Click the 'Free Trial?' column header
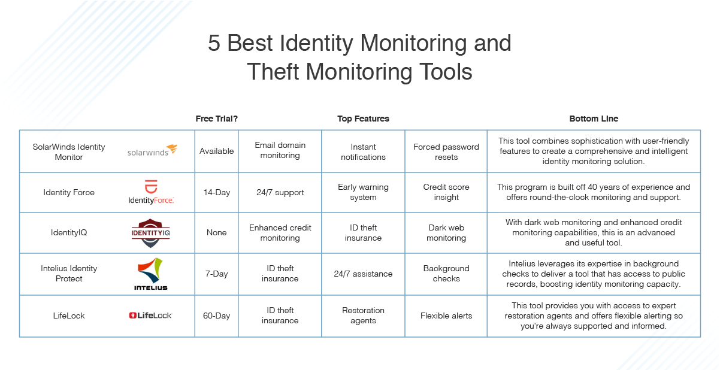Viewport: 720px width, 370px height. tap(217, 119)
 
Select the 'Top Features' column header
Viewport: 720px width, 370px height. tap(363, 119)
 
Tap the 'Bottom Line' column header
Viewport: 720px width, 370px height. tap(594, 119)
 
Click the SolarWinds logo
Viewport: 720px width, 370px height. tap(152, 150)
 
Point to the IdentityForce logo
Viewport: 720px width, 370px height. tap(151, 192)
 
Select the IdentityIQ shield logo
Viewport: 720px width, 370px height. tap(150, 233)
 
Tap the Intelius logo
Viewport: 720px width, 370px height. tap(150, 274)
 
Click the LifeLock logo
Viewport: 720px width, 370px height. tap(150, 316)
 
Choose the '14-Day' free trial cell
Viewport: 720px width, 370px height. tap(217, 192)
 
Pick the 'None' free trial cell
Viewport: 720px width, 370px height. tap(217, 232)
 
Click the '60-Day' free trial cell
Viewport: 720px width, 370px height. tap(217, 316)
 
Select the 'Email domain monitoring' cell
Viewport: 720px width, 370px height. tap(280, 150)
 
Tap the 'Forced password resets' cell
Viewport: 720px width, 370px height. tap(446, 152)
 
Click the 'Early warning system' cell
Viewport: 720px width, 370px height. tap(363, 192)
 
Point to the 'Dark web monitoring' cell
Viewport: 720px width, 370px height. tap(446, 232)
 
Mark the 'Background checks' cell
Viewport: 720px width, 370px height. tap(446, 274)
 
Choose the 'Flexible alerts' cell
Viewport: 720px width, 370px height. tap(446, 316)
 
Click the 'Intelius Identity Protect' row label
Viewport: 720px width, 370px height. tap(69, 274)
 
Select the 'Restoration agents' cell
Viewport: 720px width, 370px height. tap(363, 316)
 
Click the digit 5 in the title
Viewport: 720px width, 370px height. tap(214, 43)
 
